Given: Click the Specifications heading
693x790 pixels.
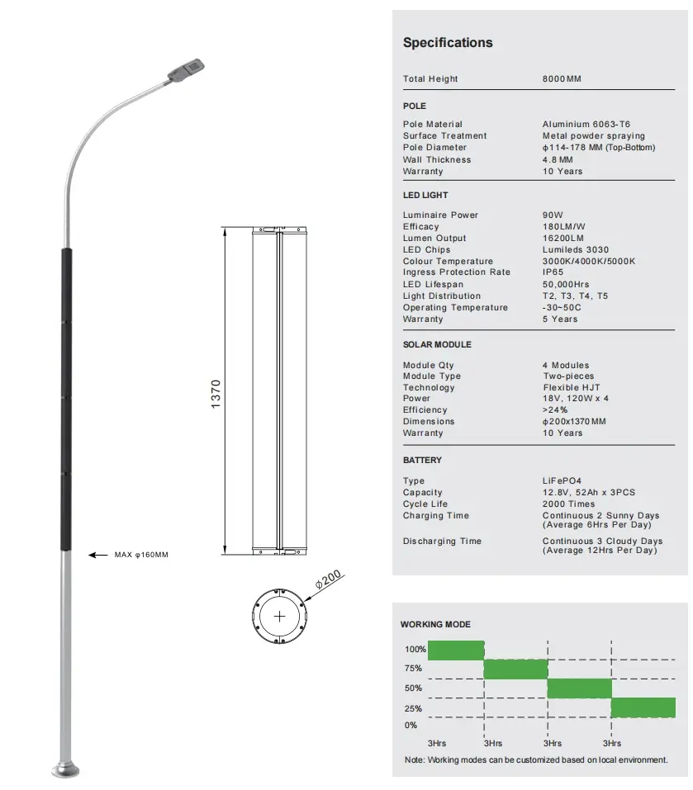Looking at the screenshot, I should pyautogui.click(x=447, y=43).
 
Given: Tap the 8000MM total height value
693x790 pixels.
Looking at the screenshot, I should pyautogui.click(x=562, y=79).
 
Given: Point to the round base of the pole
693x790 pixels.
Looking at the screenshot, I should pyautogui.click(x=66, y=769).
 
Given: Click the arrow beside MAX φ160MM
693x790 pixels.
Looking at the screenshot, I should pyautogui.click(x=97, y=556).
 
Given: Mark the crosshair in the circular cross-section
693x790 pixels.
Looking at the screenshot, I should pyautogui.click(x=280, y=616).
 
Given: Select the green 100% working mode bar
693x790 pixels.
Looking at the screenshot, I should pyautogui.click(x=455, y=650).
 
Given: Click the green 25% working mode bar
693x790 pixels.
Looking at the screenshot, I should pyautogui.click(x=643, y=707).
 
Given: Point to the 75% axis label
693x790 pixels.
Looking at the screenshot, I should pyautogui.click(x=413, y=669).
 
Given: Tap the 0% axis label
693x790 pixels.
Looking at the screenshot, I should pyautogui.click(x=411, y=726).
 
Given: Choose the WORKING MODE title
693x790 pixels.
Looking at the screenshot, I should pyautogui.click(x=435, y=625).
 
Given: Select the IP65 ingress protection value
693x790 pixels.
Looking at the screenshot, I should pyautogui.click(x=553, y=272).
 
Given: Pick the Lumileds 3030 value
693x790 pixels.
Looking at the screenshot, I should pyautogui.click(x=576, y=250).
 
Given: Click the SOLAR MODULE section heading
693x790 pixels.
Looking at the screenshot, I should pyautogui.click(x=437, y=344).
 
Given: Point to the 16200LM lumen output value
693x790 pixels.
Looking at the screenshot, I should pyautogui.click(x=562, y=239).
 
